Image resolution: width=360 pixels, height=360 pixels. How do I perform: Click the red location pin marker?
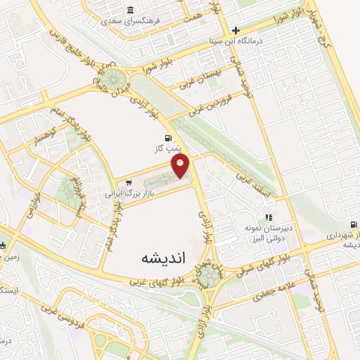tap(182, 166)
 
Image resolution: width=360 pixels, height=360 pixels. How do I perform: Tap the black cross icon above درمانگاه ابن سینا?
tap(236, 30)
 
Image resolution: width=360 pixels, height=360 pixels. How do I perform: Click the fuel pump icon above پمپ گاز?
tap(167, 138)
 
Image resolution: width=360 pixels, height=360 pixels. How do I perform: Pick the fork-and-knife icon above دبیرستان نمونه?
tap(268, 217)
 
